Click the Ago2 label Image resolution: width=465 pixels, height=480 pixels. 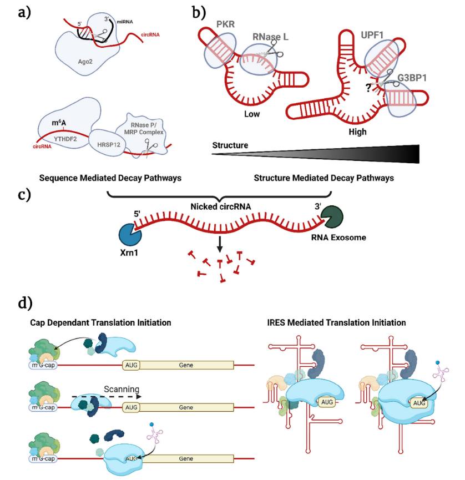pyautogui.click(x=85, y=62)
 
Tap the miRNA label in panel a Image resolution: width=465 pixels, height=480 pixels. pyautogui.click(x=125, y=22)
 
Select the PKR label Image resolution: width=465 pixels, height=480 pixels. pyautogui.click(x=225, y=24)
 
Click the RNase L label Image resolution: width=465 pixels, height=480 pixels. pyautogui.click(x=270, y=37)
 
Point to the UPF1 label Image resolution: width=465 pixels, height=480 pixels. pyautogui.click(x=372, y=35)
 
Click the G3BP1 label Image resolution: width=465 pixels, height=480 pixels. pyautogui.click(x=412, y=78)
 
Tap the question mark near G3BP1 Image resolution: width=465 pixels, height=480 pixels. pyautogui.click(x=368, y=88)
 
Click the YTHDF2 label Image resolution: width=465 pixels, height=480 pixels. pyautogui.click(x=65, y=139)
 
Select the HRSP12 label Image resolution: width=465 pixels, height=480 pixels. pyautogui.click(x=109, y=144)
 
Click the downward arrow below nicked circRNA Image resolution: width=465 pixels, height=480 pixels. pyautogui.click(x=220, y=244)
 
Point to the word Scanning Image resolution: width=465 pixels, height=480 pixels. pyautogui.click(x=122, y=390)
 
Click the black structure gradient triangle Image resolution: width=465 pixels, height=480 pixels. pyautogui.click(x=316, y=154)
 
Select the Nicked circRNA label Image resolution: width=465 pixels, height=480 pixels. pyautogui.click(x=221, y=206)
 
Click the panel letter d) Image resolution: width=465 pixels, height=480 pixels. pyautogui.click(x=26, y=303)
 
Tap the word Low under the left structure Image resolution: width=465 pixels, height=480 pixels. pyautogui.click(x=252, y=114)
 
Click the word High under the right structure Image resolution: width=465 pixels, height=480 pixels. pyautogui.click(x=357, y=132)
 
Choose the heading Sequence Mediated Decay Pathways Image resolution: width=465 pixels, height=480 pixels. pyautogui.click(x=110, y=178)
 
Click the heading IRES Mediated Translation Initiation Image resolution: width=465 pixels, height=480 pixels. pyautogui.click(x=336, y=322)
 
